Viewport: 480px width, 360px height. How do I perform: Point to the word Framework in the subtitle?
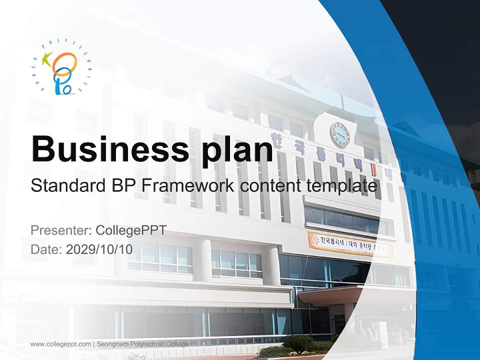click(x=187, y=185)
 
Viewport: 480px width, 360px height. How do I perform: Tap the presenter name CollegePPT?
click(x=130, y=230)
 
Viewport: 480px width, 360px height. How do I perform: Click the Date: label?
click(x=46, y=249)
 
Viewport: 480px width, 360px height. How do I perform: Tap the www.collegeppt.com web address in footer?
click(x=60, y=344)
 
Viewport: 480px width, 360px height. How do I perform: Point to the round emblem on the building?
click(x=339, y=134)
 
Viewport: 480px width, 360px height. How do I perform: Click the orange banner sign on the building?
click(x=350, y=244)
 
